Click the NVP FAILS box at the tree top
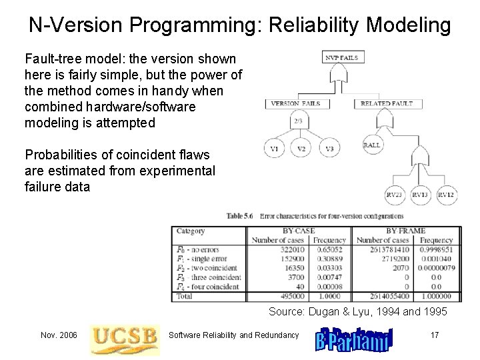341,57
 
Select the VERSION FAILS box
295,103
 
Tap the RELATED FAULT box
387,103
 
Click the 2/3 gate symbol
297,121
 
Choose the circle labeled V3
329,149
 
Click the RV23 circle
395,195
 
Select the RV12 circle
446,195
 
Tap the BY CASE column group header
298,231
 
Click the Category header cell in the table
191,231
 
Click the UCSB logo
125,335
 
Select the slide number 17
434,335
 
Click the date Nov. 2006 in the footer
59,335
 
